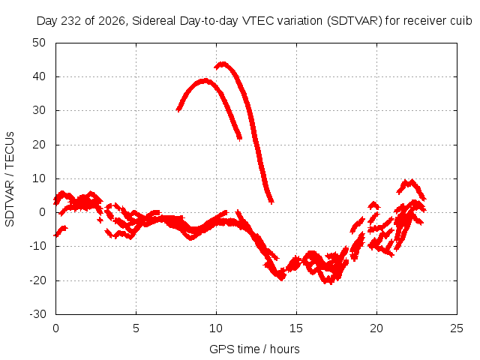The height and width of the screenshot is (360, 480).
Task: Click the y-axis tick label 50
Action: coord(39,43)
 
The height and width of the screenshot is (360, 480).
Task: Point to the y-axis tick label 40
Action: coord(39,76)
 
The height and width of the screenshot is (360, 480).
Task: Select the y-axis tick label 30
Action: coord(39,110)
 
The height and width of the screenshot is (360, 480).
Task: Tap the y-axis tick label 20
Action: coord(39,145)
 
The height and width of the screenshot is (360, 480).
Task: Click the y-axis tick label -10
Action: coord(37,246)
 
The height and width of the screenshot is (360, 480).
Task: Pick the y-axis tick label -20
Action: coord(37,280)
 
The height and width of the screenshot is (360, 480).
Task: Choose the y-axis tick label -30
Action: coord(37,314)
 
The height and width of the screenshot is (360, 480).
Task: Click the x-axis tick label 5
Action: coord(136,328)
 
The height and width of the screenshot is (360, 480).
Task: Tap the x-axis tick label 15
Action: coord(296,328)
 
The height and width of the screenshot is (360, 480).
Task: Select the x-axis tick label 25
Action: coord(457,328)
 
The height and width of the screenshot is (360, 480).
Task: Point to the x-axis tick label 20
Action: coord(376,328)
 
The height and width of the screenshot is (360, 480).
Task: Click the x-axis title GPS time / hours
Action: coord(254,349)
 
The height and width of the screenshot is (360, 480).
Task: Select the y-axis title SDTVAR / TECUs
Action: coord(10,179)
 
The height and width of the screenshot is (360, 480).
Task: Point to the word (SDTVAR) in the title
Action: coord(355,21)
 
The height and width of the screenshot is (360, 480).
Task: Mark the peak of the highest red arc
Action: coord(223,64)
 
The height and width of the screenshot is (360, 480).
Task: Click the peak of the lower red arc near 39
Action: coord(205,81)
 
